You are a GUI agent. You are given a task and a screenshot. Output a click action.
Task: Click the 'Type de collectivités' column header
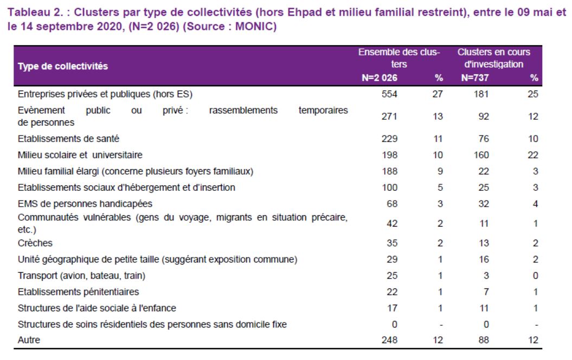coord(63,66)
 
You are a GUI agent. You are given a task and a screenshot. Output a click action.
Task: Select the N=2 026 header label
coord(380,78)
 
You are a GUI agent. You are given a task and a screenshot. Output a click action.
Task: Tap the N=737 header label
coord(475,78)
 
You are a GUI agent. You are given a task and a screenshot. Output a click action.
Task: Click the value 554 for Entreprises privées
coord(389,94)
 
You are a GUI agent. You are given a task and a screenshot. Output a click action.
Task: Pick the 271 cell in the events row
coord(389,117)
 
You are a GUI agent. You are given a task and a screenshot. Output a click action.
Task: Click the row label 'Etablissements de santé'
coord(68,139)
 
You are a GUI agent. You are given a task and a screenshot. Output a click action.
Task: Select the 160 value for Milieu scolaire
coord(481,155)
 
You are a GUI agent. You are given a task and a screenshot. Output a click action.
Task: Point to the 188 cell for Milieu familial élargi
coord(389,171)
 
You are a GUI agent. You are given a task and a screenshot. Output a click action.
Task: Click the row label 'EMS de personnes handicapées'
coord(85,203)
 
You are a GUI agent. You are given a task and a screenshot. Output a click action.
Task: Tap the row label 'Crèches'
coord(35,243)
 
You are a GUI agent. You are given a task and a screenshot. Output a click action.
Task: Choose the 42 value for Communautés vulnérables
coord(392,223)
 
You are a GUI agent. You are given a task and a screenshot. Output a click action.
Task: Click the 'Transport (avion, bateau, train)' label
coord(81,275)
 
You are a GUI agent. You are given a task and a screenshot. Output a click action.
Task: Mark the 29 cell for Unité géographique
coord(392,259)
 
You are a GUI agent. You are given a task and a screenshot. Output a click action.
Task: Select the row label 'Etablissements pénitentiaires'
coord(79,292)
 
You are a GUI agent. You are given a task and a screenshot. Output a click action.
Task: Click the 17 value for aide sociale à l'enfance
coord(392,308)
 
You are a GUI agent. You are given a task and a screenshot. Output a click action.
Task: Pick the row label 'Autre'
coord(29,340)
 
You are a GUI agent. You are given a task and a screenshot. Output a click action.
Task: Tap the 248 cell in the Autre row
coord(389,340)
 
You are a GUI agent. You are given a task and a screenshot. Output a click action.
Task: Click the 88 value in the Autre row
coord(484,340)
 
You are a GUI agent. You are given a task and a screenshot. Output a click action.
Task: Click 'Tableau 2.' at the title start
coord(36,12)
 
